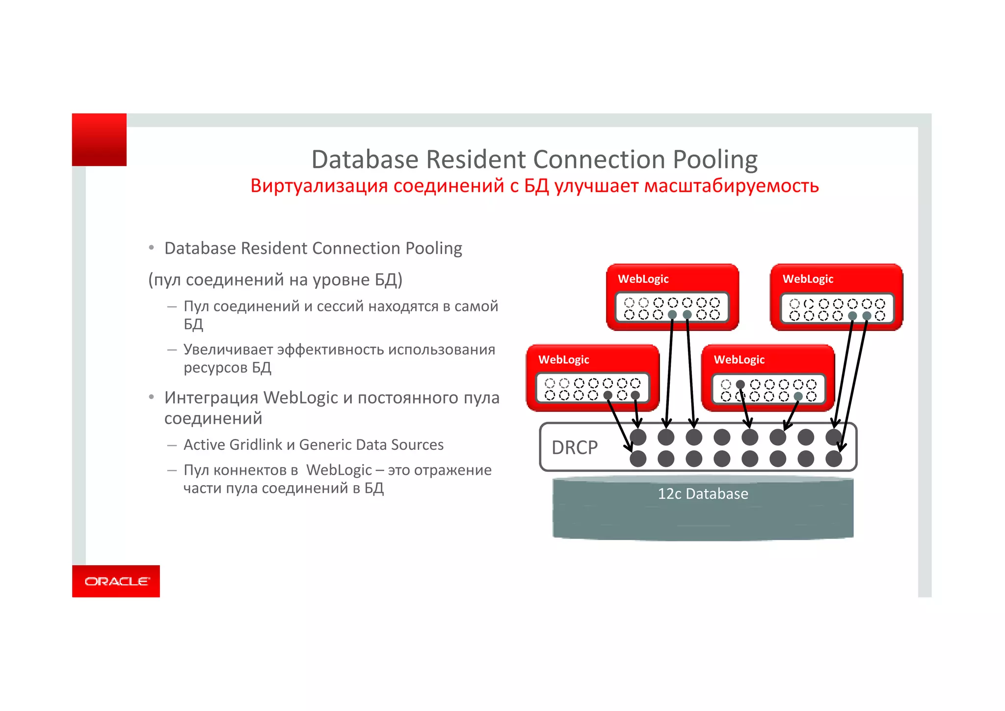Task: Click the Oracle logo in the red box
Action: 117,581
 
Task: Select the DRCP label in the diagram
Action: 574,447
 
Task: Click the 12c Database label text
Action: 703,493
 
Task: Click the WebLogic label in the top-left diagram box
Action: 643,279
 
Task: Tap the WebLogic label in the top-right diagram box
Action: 808,279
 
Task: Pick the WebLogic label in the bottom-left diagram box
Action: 563,359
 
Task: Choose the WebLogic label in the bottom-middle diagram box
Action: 739,359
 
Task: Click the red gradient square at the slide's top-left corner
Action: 99,139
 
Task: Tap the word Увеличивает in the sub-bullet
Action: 228,350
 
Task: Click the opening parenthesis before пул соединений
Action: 151,280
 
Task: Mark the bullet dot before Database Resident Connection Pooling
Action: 152,248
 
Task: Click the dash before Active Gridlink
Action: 172,445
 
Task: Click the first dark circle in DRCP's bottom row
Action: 638,459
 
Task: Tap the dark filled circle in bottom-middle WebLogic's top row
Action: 741,384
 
